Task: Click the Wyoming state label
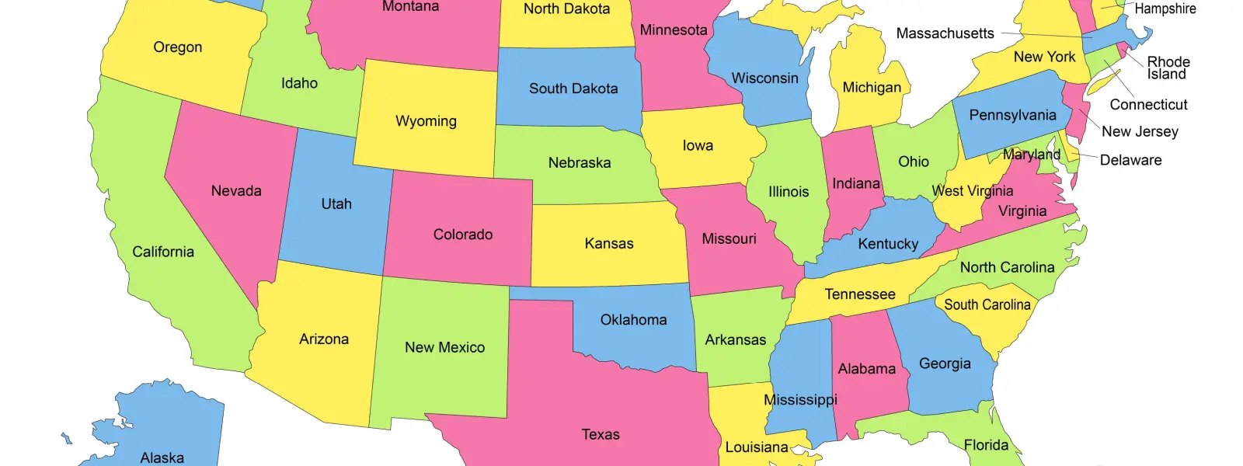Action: coord(426,121)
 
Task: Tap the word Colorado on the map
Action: coord(463,235)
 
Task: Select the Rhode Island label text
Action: coord(1168,68)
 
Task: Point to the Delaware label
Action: coord(1130,160)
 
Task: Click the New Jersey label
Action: coord(1140,131)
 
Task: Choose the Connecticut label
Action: coord(1148,104)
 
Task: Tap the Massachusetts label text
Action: coord(945,33)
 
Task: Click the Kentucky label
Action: coord(888,244)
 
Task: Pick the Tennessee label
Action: coord(860,294)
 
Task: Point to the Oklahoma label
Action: coord(633,320)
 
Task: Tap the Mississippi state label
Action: coord(800,400)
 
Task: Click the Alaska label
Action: coord(162,457)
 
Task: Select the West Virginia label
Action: coord(972,191)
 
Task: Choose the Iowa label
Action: coord(698,145)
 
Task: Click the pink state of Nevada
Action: coord(233,217)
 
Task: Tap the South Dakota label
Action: coord(573,89)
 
